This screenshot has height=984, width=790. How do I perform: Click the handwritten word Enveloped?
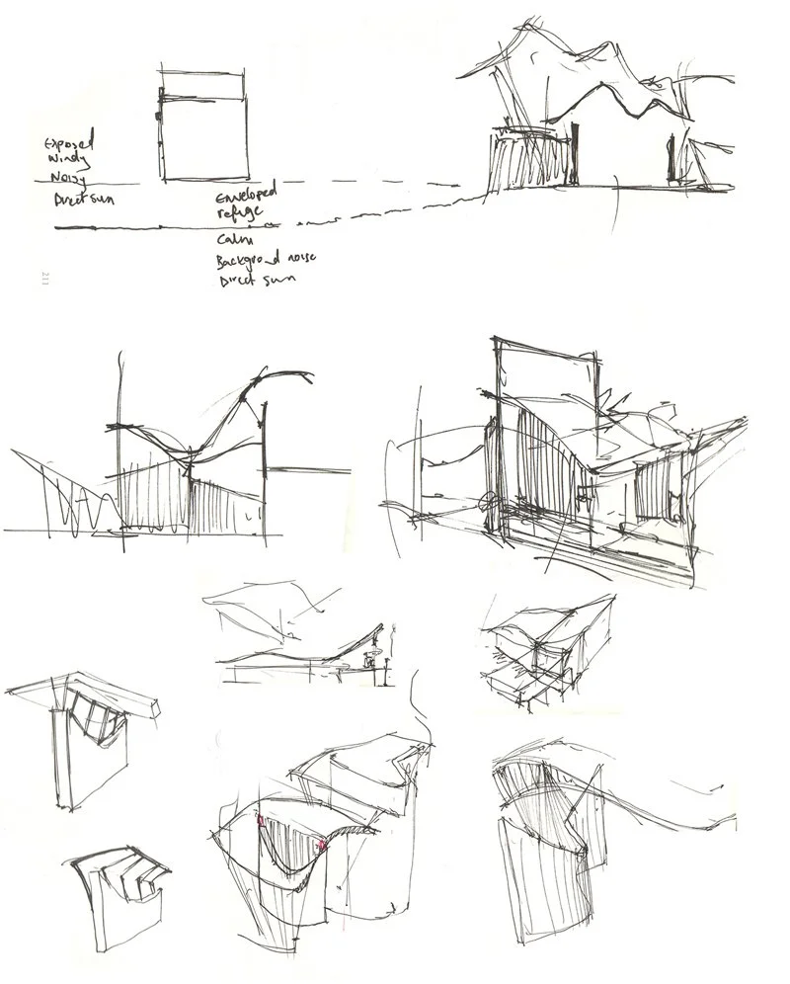coord(247,201)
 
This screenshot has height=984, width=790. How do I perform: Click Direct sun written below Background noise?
coord(248,281)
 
